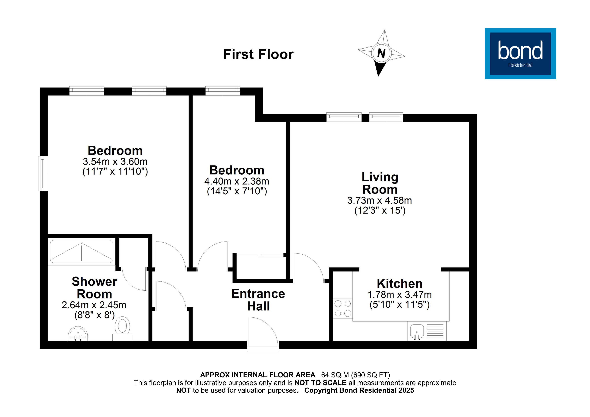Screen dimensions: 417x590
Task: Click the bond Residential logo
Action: click(520, 54)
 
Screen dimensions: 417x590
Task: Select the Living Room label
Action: click(380, 183)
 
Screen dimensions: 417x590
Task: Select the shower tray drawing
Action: click(81, 252)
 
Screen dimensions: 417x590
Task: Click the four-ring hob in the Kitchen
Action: click(343, 309)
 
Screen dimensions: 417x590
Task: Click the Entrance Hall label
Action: click(258, 300)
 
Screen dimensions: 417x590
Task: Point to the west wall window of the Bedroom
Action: click(43, 174)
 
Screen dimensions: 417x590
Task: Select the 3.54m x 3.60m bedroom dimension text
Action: click(115, 162)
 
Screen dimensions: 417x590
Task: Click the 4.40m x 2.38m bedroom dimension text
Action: click(236, 181)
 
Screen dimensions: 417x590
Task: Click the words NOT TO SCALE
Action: click(320, 383)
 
